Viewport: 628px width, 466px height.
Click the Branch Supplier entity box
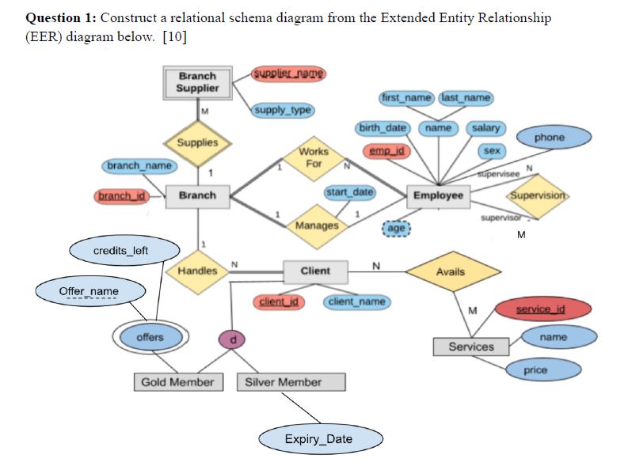[x=197, y=82]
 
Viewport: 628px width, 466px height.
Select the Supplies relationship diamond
[x=197, y=142]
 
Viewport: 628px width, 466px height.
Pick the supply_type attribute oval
[x=282, y=109]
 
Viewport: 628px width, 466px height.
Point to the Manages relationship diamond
[x=316, y=225]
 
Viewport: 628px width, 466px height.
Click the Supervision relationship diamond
[x=539, y=195]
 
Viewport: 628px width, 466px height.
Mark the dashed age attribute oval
[x=397, y=227]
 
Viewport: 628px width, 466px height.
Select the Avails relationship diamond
[x=451, y=271]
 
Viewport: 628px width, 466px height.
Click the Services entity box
[x=470, y=347]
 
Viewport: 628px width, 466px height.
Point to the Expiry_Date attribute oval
[x=322, y=439]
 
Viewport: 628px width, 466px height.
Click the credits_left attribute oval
[x=120, y=251]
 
